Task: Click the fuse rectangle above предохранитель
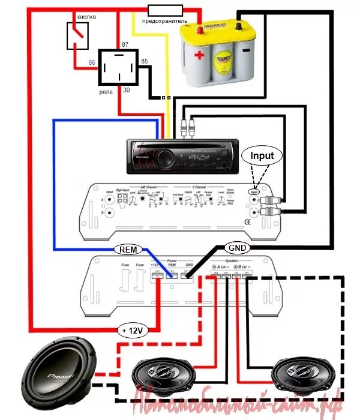coord(166,10)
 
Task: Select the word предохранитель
coord(164,21)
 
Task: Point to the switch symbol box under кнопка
coord(77,35)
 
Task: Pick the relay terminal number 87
coord(125,45)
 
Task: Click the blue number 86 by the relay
coord(92,62)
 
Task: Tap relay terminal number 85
coord(144,61)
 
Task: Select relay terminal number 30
coord(126,90)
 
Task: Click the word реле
coord(106,92)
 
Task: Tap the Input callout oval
coord(262,155)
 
